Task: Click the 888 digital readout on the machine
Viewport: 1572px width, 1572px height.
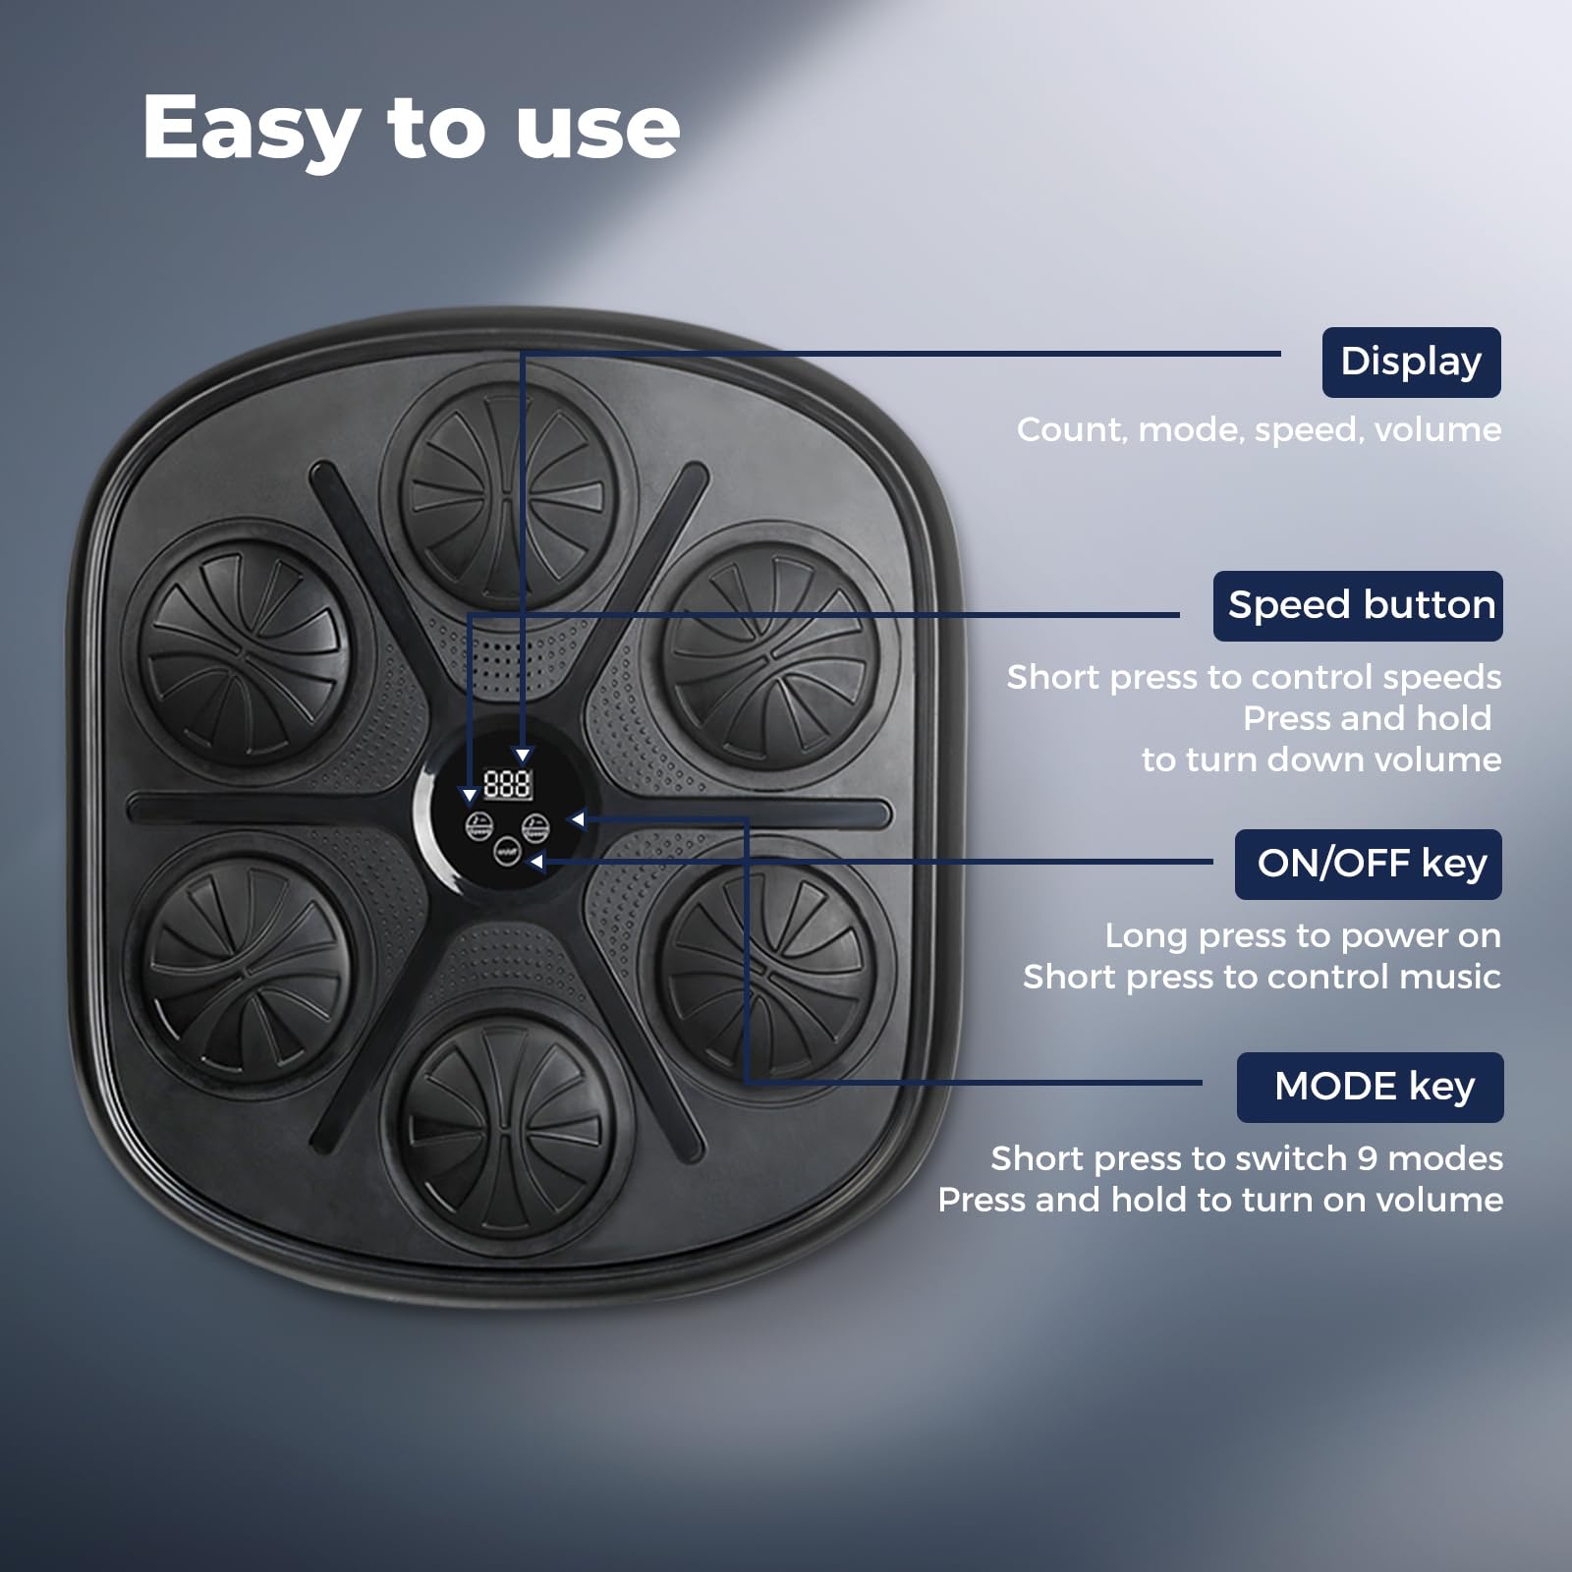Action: (x=507, y=784)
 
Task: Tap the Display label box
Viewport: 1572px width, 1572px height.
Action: (x=1411, y=363)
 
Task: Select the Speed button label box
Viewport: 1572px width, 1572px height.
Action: (x=1358, y=606)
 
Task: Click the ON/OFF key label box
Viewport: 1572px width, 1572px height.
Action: (x=1369, y=864)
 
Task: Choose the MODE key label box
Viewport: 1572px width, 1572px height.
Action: (x=1370, y=1087)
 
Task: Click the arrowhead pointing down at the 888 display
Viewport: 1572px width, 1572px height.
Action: (x=523, y=756)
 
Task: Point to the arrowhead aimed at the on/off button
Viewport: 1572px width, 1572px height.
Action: (x=536, y=862)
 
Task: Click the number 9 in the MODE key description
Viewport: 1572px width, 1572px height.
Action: (x=1367, y=1158)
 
